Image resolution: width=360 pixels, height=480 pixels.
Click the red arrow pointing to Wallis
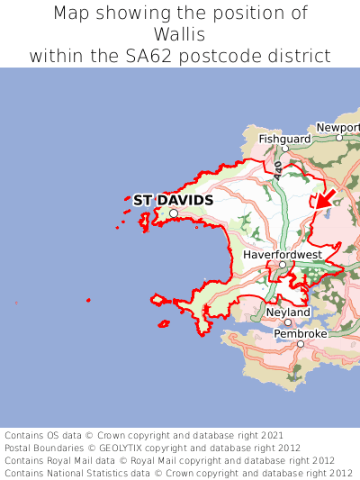click(325, 198)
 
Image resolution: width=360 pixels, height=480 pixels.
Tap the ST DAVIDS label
click(173, 199)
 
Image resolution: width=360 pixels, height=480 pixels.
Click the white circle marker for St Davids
click(174, 213)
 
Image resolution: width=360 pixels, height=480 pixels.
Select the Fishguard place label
click(284, 140)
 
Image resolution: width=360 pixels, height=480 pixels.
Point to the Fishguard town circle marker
click(286, 150)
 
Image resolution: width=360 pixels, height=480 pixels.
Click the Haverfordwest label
click(283, 255)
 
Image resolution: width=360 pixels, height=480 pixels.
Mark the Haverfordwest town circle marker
click(283, 265)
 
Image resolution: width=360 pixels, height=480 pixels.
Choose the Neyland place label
click(288, 312)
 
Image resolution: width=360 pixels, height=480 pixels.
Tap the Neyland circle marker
click(288, 322)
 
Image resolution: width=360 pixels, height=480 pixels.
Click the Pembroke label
click(301, 334)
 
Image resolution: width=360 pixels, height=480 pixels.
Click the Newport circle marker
click(339, 138)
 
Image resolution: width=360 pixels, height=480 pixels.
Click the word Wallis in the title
click(180, 34)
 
